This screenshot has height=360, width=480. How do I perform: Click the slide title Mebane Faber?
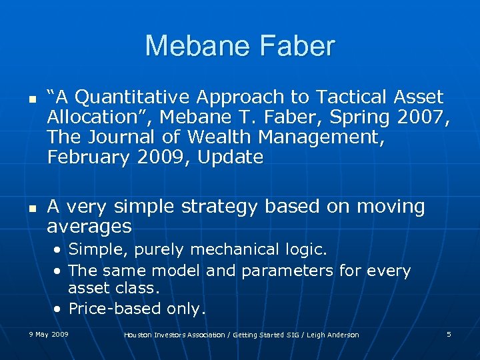pos(240,46)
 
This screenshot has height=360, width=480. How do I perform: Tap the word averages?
pos(89,227)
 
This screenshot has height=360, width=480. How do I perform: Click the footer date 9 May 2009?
pos(49,334)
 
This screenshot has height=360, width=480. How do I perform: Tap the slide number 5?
pos(449,334)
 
